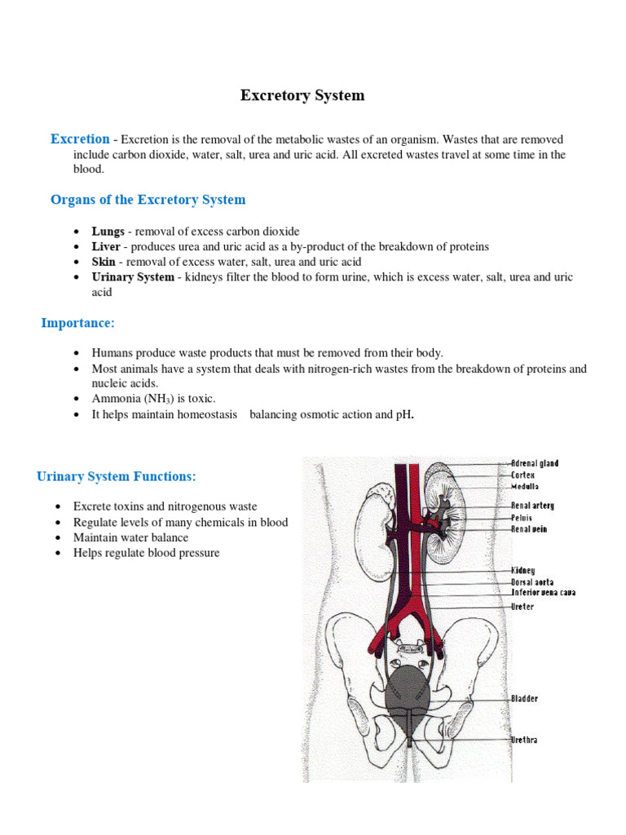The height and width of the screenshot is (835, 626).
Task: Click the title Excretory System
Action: point(302,96)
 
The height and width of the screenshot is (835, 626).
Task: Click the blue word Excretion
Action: point(80,139)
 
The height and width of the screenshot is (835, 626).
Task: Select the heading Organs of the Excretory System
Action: point(148,200)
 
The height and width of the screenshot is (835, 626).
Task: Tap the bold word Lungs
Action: point(108,232)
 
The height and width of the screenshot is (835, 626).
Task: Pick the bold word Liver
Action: point(106,246)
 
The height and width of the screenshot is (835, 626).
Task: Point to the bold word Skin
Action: point(104,262)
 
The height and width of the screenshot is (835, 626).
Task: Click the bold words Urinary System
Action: point(133,277)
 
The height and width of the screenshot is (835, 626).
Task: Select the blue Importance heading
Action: point(78,323)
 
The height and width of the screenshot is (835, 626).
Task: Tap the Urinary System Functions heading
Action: point(117,476)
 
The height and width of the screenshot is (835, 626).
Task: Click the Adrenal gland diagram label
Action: point(535,464)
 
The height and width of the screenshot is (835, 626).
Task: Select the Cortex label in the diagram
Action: point(523,475)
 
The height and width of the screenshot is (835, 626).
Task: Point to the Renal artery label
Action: point(532,506)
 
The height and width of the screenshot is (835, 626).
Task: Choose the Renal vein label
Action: point(529,529)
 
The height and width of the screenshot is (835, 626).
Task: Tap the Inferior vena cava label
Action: point(543,593)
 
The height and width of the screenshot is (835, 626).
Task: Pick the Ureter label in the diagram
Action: point(522,607)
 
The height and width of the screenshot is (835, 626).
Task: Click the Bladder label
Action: point(524,699)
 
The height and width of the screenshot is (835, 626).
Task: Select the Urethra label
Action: point(524,740)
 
